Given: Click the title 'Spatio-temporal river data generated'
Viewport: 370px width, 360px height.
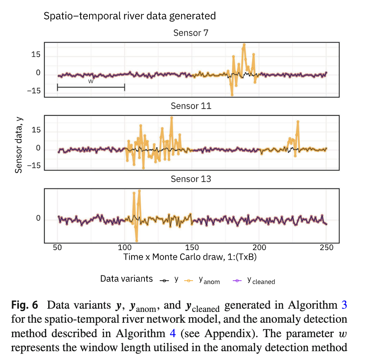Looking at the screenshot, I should (130, 16).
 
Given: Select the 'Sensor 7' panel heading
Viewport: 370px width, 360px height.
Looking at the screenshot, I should (191, 33).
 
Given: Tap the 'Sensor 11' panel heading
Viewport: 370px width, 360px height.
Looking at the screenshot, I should (191, 106).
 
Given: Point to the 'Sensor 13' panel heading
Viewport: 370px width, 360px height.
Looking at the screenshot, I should (191, 179).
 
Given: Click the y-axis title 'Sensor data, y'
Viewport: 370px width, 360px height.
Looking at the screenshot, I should (19, 145).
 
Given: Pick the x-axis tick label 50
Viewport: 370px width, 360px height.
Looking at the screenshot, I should (57, 247).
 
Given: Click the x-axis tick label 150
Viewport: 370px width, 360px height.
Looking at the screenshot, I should (192, 247).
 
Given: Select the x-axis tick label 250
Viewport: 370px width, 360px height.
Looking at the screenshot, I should (327, 247).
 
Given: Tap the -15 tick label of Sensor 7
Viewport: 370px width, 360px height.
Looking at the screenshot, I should (34, 91).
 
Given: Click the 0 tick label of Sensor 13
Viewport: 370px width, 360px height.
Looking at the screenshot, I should (39, 218).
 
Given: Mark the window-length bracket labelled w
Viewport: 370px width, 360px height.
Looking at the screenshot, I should (91, 87).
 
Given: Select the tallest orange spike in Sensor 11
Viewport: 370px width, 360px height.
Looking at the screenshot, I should (172, 117).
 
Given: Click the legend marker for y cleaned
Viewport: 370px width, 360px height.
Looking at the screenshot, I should (237, 280).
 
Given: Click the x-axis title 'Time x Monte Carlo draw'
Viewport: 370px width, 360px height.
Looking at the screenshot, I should (189, 257).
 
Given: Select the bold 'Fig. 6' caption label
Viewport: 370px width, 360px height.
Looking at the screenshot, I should (24, 305).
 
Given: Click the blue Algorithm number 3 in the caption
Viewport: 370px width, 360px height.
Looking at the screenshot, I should (344, 305).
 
